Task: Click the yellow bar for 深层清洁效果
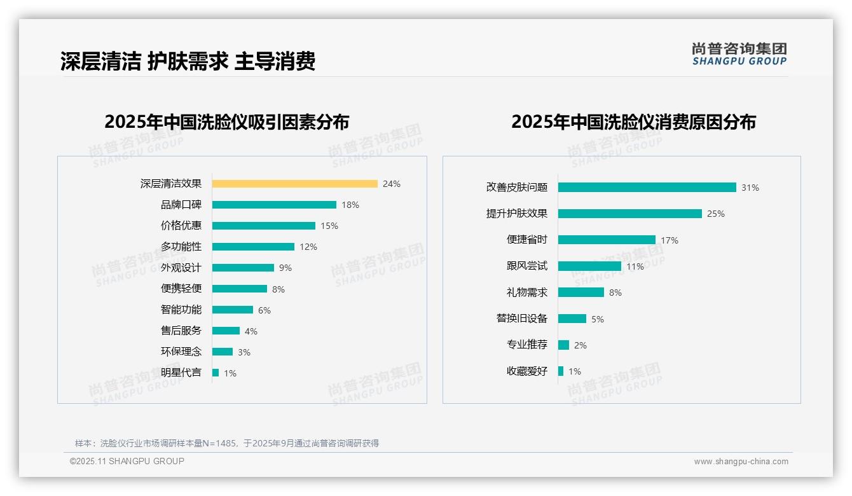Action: coord(294,184)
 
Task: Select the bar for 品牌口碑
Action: coord(274,205)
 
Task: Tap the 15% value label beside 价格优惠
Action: coord(329,226)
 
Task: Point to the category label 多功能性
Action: coord(181,247)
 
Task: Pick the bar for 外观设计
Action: coord(243,268)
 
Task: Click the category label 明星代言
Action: coord(181,373)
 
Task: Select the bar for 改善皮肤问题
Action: coord(647,188)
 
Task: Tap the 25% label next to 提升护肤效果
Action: coord(716,214)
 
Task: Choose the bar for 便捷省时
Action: coord(607,240)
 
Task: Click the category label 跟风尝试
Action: coord(527,266)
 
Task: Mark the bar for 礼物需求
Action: coord(581,293)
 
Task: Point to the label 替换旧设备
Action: coord(522,319)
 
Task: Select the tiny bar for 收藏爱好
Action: coord(561,371)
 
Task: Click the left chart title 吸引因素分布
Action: coord(227,122)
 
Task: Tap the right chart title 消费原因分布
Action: coord(633,122)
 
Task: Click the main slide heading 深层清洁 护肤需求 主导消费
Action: coord(188,62)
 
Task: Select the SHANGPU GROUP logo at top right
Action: coord(739,54)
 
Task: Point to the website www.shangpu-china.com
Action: coord(741,462)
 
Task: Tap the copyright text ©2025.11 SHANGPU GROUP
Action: coord(127,461)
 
